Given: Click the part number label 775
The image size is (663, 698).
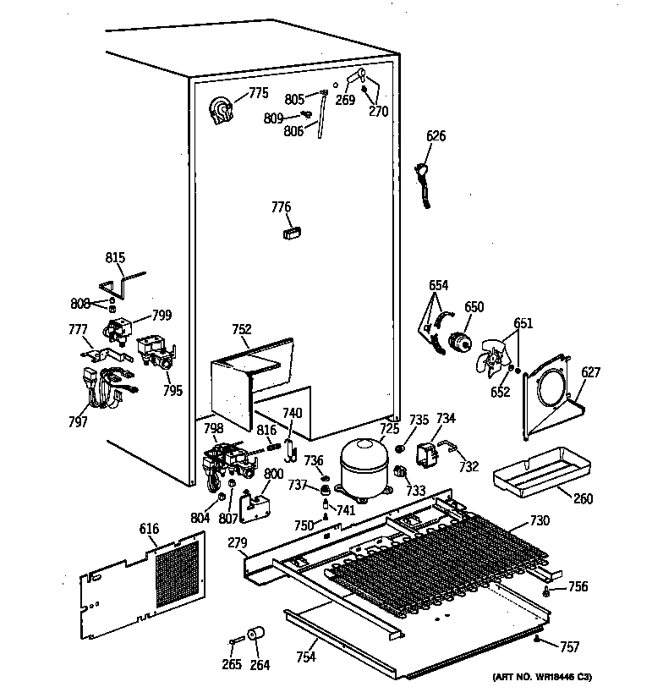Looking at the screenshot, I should (x=259, y=93).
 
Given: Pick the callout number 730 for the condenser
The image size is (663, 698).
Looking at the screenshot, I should (x=540, y=520).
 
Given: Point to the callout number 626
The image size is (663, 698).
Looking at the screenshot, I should (x=436, y=136).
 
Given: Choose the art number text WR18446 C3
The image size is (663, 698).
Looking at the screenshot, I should (x=553, y=677).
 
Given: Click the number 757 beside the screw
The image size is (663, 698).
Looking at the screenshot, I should (x=570, y=647).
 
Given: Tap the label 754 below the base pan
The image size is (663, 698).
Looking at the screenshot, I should (x=306, y=657).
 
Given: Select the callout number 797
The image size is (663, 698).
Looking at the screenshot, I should (x=79, y=421).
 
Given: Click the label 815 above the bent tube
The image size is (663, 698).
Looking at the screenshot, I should (x=115, y=258).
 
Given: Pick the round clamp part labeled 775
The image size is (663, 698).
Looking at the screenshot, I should (x=222, y=111).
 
